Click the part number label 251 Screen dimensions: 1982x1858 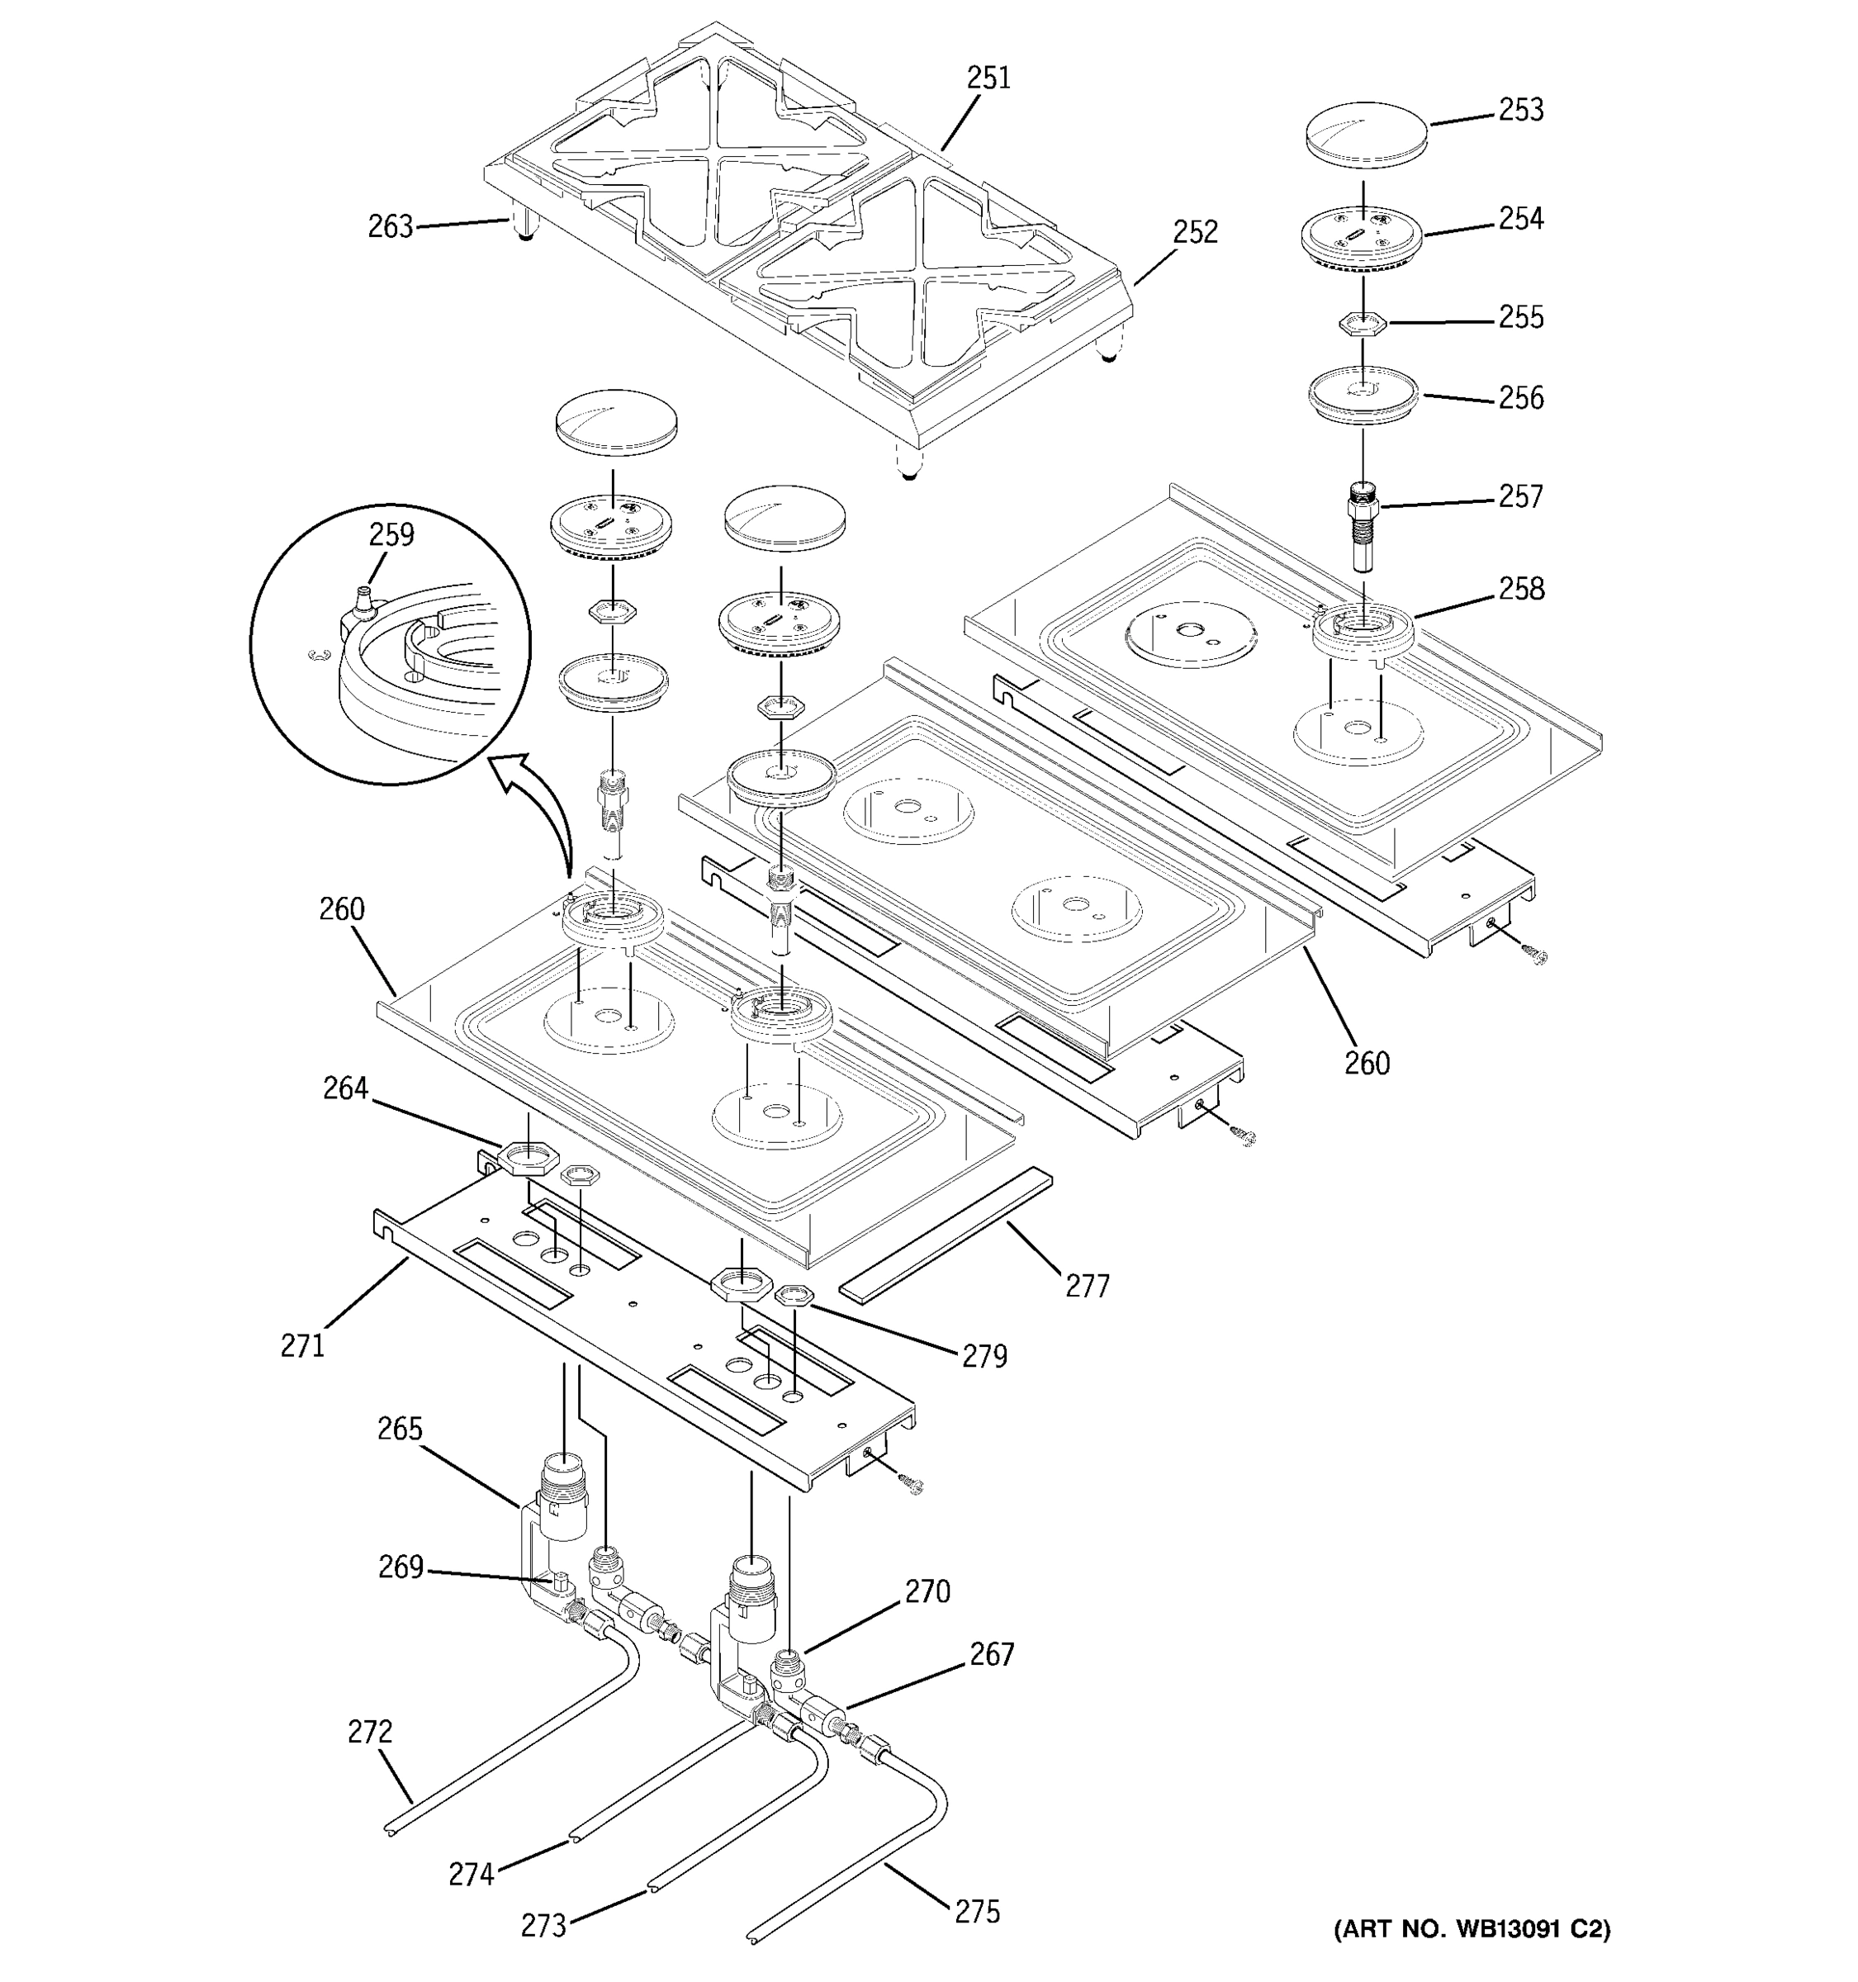pyautogui.click(x=988, y=78)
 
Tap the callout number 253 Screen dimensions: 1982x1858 pyautogui.click(x=1520, y=110)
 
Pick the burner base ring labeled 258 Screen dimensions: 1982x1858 pyautogui.click(x=1363, y=633)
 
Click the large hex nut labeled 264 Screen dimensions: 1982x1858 pyautogui.click(x=521, y=1159)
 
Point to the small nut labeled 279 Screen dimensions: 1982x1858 pyautogui.click(x=794, y=1296)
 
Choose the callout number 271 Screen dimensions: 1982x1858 pyautogui.click(x=302, y=1346)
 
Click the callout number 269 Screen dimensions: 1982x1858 pyautogui.click(x=401, y=1568)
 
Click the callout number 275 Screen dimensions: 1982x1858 pyautogui.click(x=977, y=1912)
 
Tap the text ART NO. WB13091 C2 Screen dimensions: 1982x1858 pyautogui.click(x=1472, y=1929)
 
